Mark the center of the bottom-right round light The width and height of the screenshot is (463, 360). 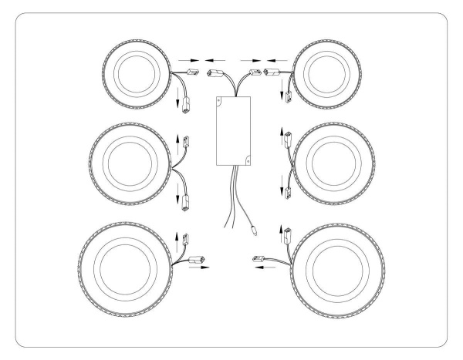pos(339,267)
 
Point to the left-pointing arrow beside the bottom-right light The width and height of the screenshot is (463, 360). pos(262,269)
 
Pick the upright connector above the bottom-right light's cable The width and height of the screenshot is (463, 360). pos(284,233)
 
